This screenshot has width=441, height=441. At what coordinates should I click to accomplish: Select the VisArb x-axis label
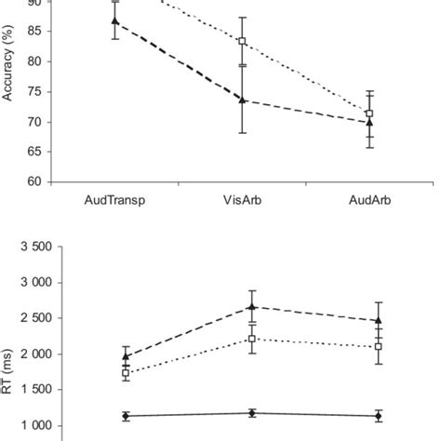[x=242, y=200]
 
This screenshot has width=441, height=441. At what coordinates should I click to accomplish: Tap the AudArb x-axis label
[x=369, y=200]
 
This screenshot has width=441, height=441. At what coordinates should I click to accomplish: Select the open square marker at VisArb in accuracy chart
[x=242, y=41]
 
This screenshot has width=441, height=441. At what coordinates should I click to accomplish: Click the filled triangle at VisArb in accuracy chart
[x=242, y=100]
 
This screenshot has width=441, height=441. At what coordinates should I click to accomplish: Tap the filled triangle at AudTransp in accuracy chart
[x=114, y=20]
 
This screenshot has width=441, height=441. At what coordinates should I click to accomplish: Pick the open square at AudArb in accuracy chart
[x=369, y=114]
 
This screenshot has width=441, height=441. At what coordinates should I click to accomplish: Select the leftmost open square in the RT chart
[x=126, y=373]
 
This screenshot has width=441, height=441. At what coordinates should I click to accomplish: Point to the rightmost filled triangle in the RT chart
[x=377, y=321]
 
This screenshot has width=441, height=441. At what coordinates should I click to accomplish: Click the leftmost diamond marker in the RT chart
[x=126, y=416]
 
